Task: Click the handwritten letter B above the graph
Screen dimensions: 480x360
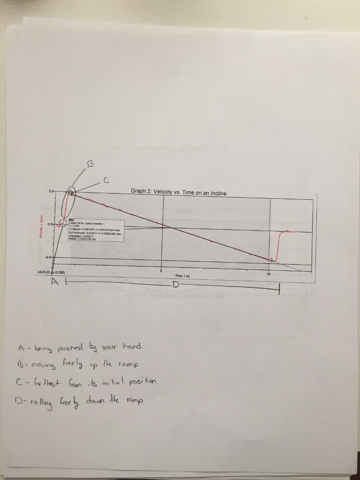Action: pyautogui.click(x=90, y=164)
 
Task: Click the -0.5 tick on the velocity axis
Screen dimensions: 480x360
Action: pyautogui.click(x=48, y=256)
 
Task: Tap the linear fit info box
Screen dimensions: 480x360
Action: pyautogui.click(x=96, y=230)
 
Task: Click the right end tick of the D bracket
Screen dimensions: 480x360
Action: pyautogui.click(x=279, y=290)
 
